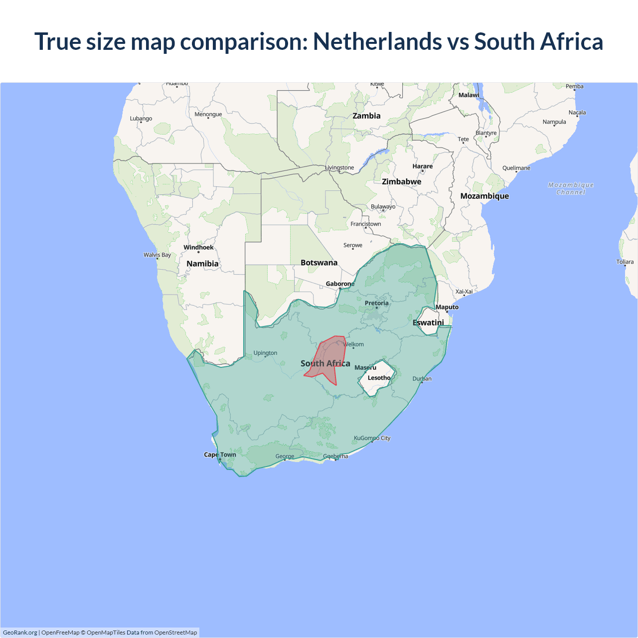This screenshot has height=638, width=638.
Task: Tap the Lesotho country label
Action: point(379,378)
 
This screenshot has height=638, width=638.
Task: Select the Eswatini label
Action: point(428,322)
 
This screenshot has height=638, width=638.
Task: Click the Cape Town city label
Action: point(220,455)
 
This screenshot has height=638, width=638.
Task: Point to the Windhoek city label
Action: point(198,247)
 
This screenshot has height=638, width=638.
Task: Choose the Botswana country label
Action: point(319,263)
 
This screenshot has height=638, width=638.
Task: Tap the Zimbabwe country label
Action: point(401,181)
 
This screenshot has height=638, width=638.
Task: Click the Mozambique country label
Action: point(484,196)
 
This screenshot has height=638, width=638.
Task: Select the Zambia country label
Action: point(366,116)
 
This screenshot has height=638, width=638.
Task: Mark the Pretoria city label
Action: point(376,303)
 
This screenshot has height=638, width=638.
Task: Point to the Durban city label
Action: point(422,379)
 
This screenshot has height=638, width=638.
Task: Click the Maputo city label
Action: point(447,307)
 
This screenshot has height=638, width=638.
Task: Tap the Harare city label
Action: point(422,166)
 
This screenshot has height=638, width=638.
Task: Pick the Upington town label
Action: point(265,353)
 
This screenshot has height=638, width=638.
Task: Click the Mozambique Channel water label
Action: point(571,188)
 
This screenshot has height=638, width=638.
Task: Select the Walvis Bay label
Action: point(157,255)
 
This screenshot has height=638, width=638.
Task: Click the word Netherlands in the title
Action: point(377,41)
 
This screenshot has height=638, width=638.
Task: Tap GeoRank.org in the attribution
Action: point(20,633)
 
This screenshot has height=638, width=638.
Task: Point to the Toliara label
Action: point(625,262)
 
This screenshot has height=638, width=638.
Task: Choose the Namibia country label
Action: point(202,264)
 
